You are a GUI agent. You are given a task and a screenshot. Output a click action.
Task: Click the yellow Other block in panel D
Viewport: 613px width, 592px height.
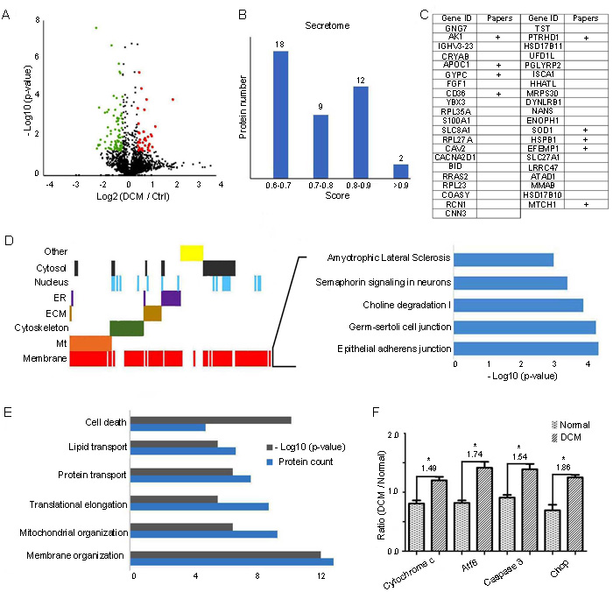[191, 252]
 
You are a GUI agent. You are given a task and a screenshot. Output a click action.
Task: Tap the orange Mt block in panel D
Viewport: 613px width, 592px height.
[88, 342]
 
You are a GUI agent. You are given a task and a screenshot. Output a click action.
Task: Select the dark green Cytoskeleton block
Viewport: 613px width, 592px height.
[126, 328]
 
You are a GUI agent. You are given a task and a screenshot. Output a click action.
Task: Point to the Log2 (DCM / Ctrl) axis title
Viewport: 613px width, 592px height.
[130, 196]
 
